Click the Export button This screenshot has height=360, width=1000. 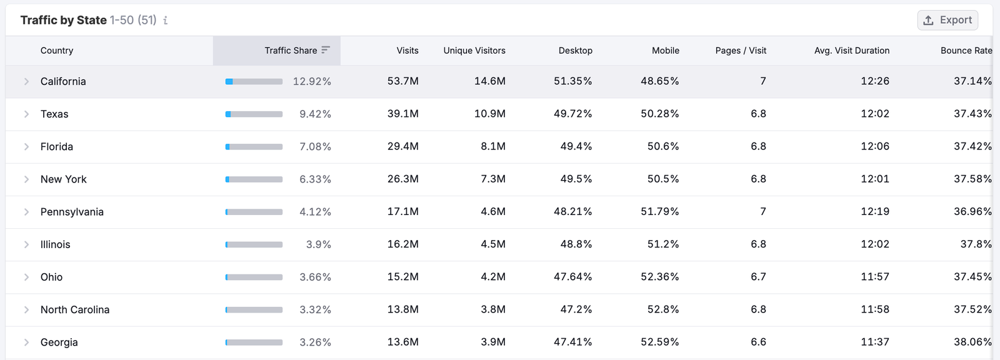point(947,20)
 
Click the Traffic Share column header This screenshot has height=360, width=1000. point(291,51)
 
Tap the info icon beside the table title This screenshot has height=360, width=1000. point(165,21)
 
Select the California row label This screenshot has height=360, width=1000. point(63,81)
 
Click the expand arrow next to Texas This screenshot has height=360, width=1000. point(26,114)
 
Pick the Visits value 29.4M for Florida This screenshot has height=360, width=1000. point(402,146)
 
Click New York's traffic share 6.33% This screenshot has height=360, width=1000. point(315,179)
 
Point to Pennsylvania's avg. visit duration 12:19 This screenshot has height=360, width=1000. point(874,212)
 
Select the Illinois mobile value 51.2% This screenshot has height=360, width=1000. point(662,244)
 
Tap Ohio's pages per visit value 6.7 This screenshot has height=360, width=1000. point(758,277)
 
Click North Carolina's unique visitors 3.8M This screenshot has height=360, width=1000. point(492,309)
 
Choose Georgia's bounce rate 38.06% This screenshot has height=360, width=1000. point(972,342)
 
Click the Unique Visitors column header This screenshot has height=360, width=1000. point(474,51)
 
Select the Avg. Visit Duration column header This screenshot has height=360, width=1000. point(851,51)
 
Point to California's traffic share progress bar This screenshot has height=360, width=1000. point(254,81)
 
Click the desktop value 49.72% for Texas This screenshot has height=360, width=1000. point(572,114)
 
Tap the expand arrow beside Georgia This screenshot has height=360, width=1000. point(26,342)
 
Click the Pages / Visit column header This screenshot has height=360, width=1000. point(741,51)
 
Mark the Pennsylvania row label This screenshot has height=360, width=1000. point(72,212)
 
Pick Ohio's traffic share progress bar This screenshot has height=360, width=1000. point(254,277)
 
